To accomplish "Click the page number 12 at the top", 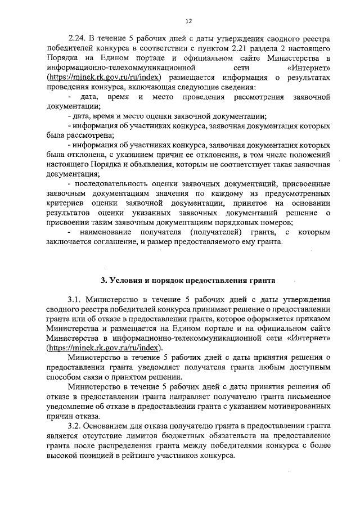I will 188,21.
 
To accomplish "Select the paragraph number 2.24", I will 76,40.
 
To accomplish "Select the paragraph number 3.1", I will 75,300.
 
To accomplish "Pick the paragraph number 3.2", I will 75,427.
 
